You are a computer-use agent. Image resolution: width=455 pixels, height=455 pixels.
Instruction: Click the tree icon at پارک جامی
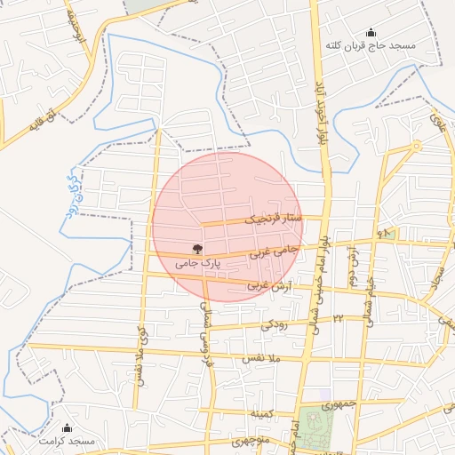[196, 249]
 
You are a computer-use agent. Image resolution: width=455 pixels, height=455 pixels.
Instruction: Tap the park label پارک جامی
[196, 263]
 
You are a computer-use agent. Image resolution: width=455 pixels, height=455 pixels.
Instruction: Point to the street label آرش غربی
[267, 285]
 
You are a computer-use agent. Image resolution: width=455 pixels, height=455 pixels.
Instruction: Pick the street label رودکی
[275, 324]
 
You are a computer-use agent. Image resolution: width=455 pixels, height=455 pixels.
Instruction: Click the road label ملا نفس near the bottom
[261, 357]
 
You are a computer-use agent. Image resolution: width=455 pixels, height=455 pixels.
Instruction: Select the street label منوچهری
[250, 441]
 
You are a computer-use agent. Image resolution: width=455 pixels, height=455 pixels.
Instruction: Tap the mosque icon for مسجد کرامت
[67, 428]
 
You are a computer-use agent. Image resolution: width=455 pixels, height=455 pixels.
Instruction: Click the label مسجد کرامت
[66, 441]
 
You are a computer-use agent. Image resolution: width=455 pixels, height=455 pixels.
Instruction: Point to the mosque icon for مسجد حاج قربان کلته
[371, 32]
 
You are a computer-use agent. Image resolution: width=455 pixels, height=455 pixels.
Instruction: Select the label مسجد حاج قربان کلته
[371, 44]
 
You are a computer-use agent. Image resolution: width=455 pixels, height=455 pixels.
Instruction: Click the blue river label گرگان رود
[71, 190]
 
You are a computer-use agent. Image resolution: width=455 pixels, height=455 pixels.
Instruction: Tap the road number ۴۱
[384, 233]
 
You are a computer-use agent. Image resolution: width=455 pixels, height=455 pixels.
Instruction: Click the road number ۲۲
[338, 317]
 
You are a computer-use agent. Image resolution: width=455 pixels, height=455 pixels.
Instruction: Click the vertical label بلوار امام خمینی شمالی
[316, 284]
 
